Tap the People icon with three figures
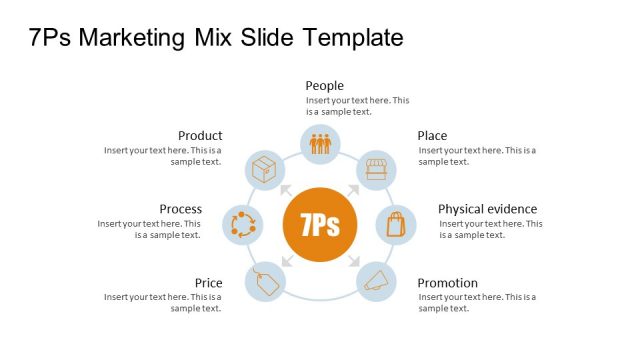320,145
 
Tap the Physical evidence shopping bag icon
396,224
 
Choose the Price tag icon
265,281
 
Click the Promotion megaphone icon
375,281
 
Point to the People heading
325,86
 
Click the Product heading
200,136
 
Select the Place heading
432,136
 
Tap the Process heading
180,209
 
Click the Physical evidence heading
487,209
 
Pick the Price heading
208,283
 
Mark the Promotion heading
447,283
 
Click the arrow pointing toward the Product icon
286,190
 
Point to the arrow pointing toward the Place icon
354,190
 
